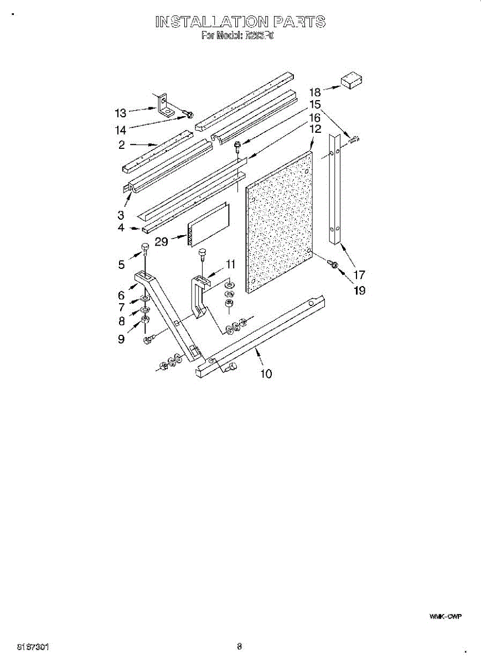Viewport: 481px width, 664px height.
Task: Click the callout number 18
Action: click(315, 92)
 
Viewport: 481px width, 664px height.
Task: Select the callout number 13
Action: click(121, 113)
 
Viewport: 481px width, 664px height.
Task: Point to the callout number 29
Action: click(162, 242)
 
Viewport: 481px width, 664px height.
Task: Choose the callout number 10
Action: click(266, 375)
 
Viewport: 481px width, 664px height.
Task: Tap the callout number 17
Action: click(359, 274)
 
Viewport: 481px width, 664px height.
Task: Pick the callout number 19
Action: click(359, 290)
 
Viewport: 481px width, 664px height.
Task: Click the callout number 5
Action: click(121, 265)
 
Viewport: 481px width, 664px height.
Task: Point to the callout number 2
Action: click(121, 145)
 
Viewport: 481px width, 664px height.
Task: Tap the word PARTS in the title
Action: click(298, 22)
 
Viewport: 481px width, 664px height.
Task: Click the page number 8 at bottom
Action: click(240, 646)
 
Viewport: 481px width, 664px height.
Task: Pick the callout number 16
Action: click(315, 118)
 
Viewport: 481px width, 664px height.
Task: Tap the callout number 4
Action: click(121, 227)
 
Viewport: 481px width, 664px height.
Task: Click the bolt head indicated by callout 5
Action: click(146, 247)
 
